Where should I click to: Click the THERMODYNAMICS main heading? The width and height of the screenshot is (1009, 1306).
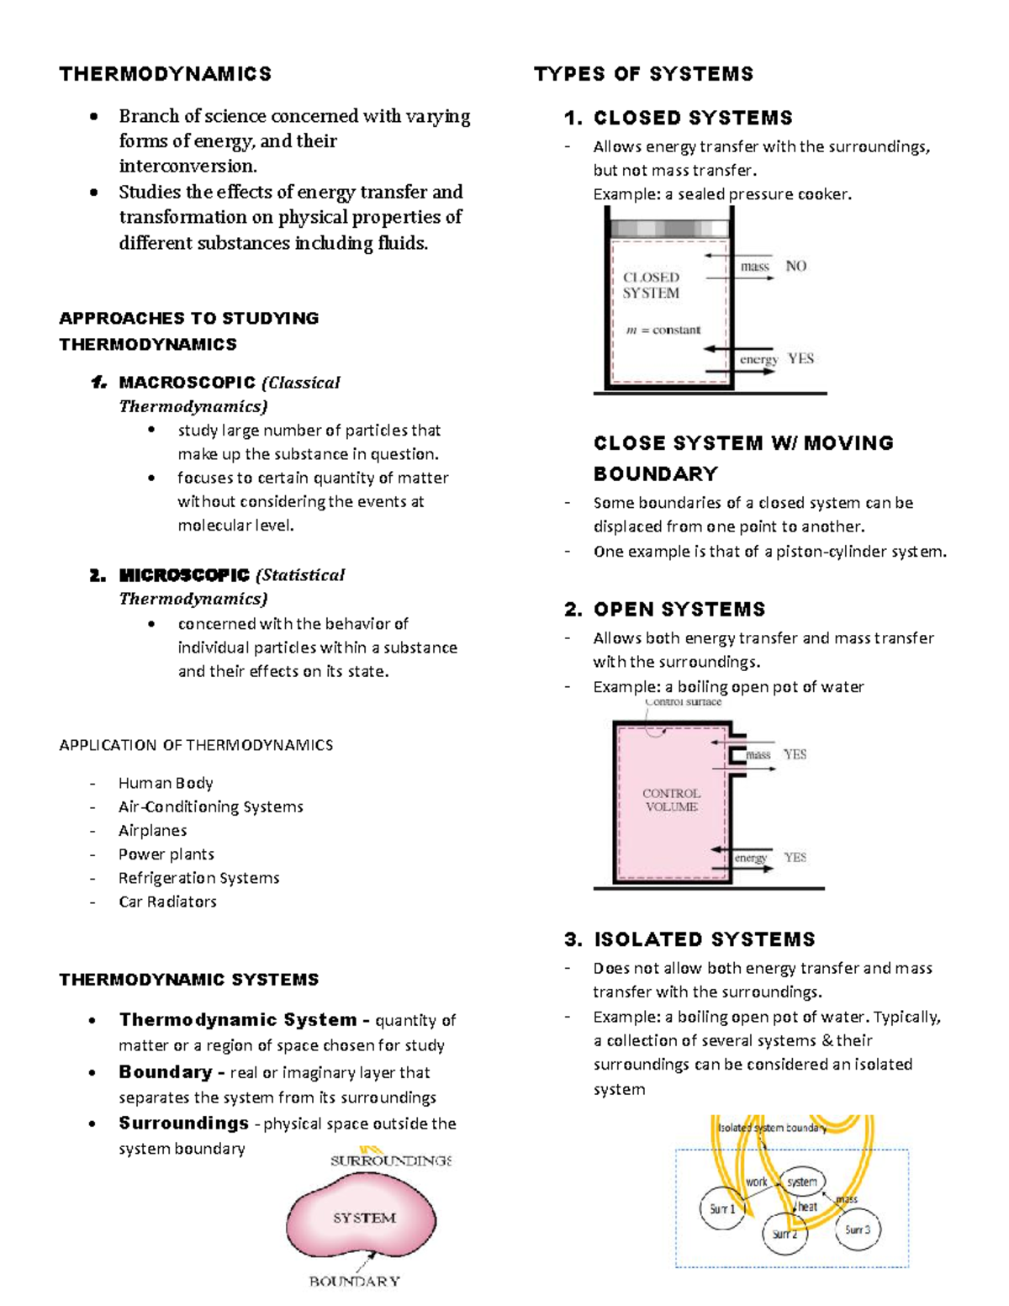[166, 74]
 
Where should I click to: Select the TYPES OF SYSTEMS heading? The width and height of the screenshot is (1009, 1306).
[643, 74]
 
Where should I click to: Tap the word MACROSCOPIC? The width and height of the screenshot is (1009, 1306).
[187, 383]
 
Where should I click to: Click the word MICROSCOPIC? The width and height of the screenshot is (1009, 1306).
[184, 575]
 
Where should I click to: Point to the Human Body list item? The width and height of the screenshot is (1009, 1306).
[166, 783]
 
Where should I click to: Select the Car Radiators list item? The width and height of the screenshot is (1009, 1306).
[167, 902]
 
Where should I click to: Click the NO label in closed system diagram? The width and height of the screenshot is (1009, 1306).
[795, 266]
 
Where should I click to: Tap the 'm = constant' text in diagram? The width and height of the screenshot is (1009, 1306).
[663, 330]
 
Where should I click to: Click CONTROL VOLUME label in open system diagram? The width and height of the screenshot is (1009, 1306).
[671, 800]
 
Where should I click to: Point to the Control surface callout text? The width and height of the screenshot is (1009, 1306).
[683, 701]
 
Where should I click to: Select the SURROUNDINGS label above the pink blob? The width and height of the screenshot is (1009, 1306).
[391, 1161]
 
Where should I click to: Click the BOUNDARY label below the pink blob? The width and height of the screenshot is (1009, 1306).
[354, 1282]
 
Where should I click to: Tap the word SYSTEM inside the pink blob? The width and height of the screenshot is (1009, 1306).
[364, 1218]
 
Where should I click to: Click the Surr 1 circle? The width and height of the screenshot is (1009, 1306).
[721, 1208]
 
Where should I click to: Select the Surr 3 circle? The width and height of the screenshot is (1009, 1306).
[858, 1229]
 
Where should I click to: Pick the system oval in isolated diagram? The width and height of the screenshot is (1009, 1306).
[802, 1182]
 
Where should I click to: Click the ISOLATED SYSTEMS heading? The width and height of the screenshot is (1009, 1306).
[704, 939]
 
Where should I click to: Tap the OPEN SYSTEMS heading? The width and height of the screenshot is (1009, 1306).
[679, 609]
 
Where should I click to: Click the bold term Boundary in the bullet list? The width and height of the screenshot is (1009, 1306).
[166, 1072]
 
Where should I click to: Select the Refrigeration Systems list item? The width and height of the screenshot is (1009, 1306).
[198, 878]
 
